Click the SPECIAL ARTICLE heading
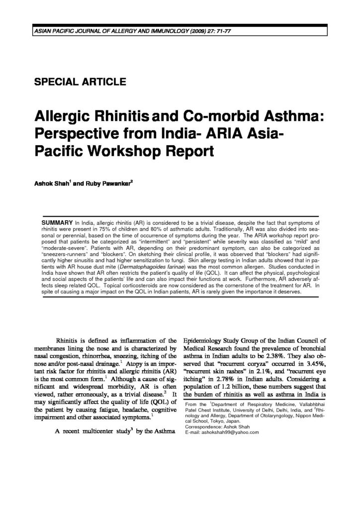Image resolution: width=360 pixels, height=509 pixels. pyautogui.click(x=80, y=82)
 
